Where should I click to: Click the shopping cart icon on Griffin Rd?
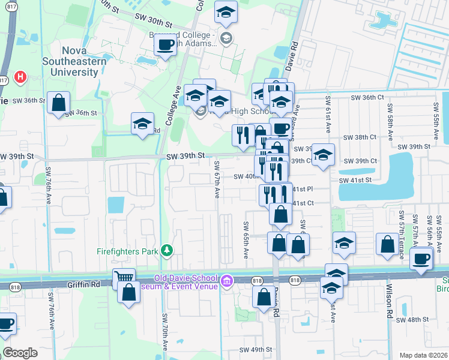(123, 278)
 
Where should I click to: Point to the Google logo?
(20, 352)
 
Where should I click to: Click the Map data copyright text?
(423, 355)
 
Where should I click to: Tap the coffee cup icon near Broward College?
(165, 44)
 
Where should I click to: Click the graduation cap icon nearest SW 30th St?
(226, 12)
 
